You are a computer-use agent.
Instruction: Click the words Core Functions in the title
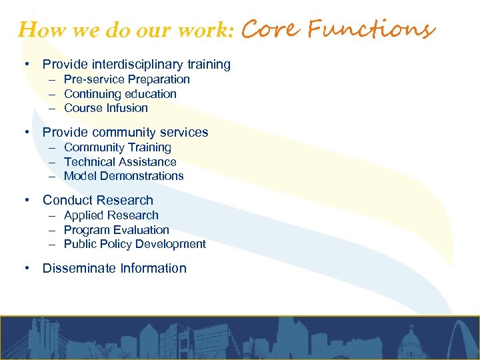(x=338, y=29)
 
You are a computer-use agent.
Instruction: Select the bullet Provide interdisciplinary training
(x=136, y=65)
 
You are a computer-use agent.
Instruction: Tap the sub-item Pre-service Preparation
(x=127, y=79)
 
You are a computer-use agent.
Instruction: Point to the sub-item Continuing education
(x=120, y=94)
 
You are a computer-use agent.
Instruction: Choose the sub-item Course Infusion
(x=106, y=108)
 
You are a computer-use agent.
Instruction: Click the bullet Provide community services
(x=125, y=133)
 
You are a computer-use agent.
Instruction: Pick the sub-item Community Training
(x=117, y=147)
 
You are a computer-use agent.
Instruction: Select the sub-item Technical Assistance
(x=120, y=162)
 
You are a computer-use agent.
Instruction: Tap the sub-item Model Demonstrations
(x=123, y=176)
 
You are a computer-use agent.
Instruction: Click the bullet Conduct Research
(x=98, y=201)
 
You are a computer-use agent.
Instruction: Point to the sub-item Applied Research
(x=111, y=215)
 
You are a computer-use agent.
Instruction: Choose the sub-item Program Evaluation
(x=117, y=230)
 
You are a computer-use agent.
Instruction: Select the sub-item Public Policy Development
(x=135, y=244)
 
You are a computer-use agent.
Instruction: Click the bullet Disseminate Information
(x=115, y=269)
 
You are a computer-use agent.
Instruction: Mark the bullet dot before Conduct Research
(x=26, y=201)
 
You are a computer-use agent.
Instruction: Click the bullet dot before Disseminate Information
(x=26, y=269)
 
